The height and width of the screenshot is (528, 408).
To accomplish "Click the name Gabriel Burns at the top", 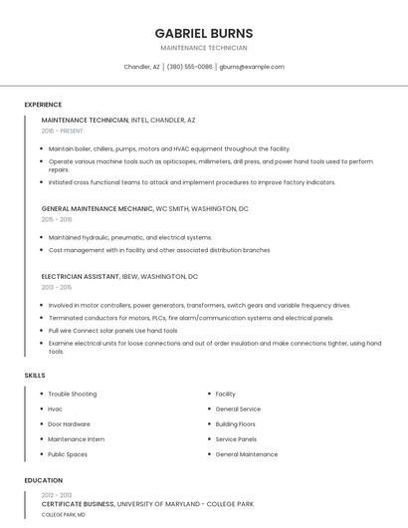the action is pos(204,33).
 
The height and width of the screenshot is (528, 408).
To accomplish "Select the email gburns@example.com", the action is pos(252,67).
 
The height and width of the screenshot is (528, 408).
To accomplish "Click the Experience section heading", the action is pos(43,105).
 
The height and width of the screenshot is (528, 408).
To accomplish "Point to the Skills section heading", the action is pos(35,375).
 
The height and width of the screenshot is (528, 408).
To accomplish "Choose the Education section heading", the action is pos(43,480).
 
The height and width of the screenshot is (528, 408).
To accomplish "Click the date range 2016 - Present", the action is pos(64,131).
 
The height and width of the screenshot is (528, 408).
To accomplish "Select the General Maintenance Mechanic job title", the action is pos(98,209).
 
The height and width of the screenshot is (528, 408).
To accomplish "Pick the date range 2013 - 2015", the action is pos(57,287).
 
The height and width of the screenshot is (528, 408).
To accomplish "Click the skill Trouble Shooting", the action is pos(73,394).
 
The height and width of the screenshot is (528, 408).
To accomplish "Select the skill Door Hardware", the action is pos(69,423).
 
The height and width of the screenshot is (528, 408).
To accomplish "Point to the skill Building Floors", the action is pos(235,423).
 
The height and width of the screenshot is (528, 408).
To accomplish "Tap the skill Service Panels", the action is pos(236,438).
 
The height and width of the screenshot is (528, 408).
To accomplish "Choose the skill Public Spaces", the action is pos(68,453).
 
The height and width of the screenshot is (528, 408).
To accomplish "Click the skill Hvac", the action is pos(56,408).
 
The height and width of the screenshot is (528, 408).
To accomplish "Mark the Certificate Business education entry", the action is pos(78,504).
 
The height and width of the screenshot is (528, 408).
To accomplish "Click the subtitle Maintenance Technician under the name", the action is pos(204,48).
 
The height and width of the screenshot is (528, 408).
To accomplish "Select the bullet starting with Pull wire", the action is pos(112,330).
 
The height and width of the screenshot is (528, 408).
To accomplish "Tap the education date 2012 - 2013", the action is pos(57,495).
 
